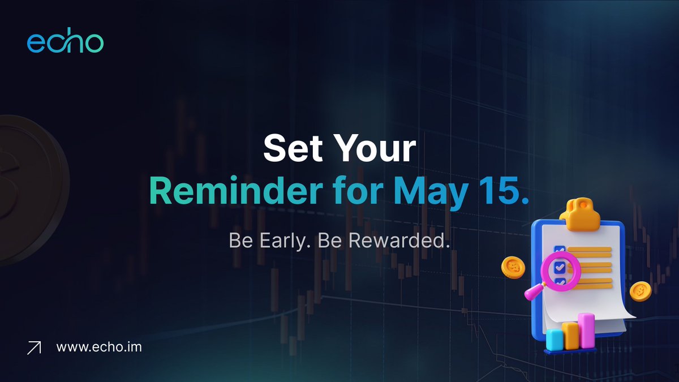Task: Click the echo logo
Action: coord(65,43)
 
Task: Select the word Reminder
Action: coord(242,192)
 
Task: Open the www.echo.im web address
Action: coord(99,346)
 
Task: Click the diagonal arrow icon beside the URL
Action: coord(35,348)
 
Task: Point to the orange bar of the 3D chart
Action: coord(570,335)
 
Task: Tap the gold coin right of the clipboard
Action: coord(641,290)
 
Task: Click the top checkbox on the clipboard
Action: coord(560,249)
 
